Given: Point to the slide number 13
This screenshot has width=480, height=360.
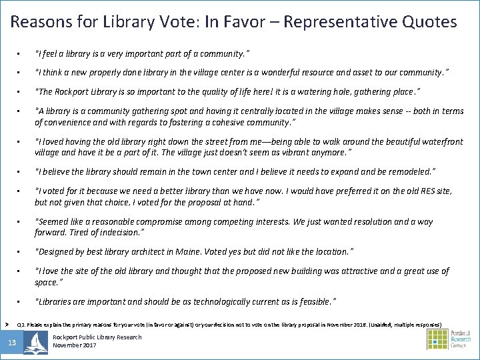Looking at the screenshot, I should (12, 343).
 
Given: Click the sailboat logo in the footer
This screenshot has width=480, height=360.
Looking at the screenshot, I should (35, 343).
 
